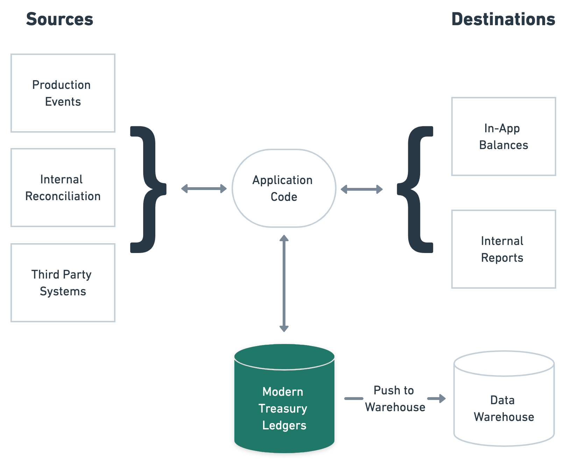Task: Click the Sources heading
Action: tap(59, 19)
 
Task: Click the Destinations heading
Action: tap(503, 19)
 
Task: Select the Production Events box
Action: tap(63, 93)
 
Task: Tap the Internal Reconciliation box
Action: tap(63, 188)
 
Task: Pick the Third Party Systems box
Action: tap(63, 283)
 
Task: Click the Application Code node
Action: tap(284, 188)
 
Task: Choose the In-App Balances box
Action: tap(503, 136)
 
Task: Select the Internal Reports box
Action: tap(503, 249)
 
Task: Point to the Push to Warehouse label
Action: tap(395, 399)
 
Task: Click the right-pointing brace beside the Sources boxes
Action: tap(149, 189)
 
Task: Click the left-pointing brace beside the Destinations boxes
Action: tap(415, 189)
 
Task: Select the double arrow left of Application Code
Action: tap(204, 189)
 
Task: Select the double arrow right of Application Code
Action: tap(362, 189)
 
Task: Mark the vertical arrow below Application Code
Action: tap(284, 283)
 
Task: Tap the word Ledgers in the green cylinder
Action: tap(284, 426)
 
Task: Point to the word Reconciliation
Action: tap(63, 196)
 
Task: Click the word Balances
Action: tap(503, 145)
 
